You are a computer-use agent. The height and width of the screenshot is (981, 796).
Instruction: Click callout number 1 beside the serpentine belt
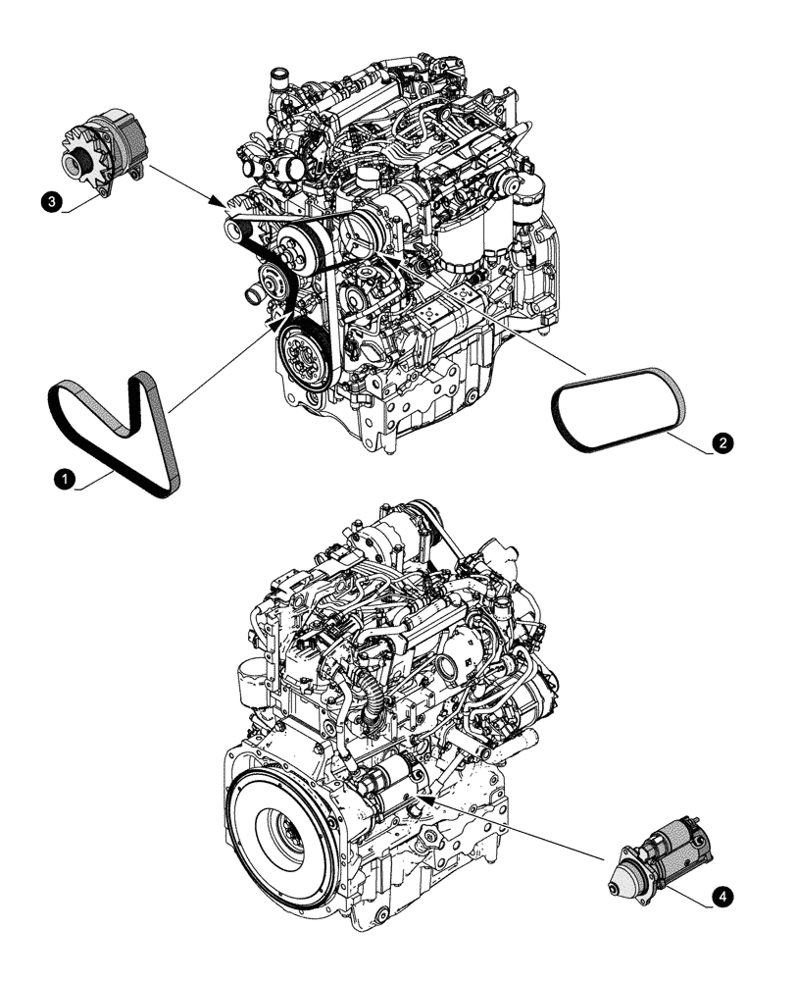(65, 479)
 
